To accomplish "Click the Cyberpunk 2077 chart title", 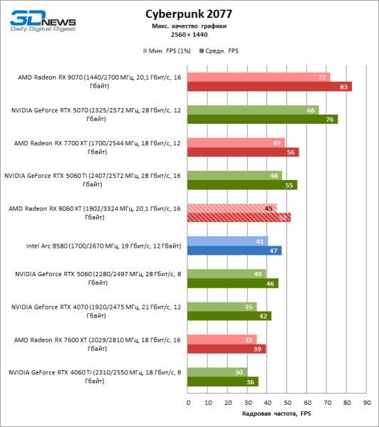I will pos(189,14).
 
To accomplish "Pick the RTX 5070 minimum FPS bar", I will pos(252,110).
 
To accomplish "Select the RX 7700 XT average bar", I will pos(243,152).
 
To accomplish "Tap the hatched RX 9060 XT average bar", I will pos(239,218).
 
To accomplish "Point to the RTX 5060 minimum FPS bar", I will pos(227,274).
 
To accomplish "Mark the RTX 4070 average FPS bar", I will pos(229,316).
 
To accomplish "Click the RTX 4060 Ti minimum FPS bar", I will pos(217,372).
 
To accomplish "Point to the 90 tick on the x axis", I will pos(365,402).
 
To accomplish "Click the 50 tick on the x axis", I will pos(286,402).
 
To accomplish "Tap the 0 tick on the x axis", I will pos(187,402).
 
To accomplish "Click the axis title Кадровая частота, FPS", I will pos(276,413).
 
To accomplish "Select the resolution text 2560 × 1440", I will pos(189,33).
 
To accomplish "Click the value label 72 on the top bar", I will pos(322,78).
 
